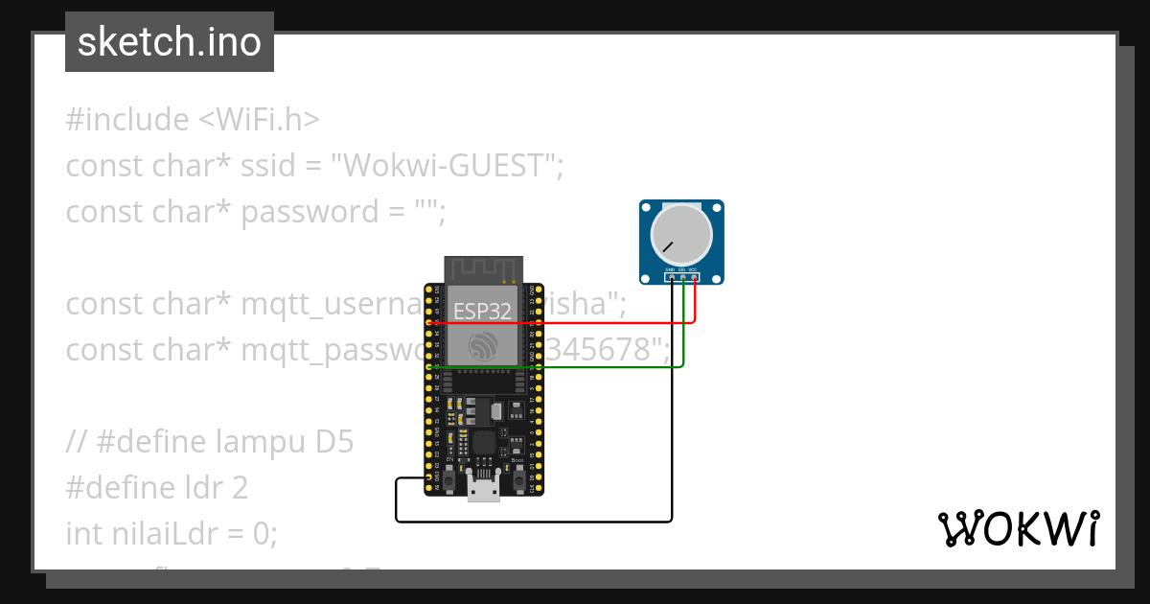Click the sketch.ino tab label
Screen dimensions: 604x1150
[x=169, y=42]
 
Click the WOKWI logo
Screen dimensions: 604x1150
[x=1018, y=528]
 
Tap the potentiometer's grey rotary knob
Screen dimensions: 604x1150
[x=681, y=236]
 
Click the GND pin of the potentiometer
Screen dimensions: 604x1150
[x=671, y=278]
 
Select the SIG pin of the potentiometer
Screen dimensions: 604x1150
[x=682, y=278]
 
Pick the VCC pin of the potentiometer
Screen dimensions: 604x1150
[x=694, y=278]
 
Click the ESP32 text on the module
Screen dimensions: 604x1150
[x=483, y=311]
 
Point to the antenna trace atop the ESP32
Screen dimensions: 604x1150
[x=483, y=269]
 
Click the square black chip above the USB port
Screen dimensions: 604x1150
[x=484, y=443]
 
